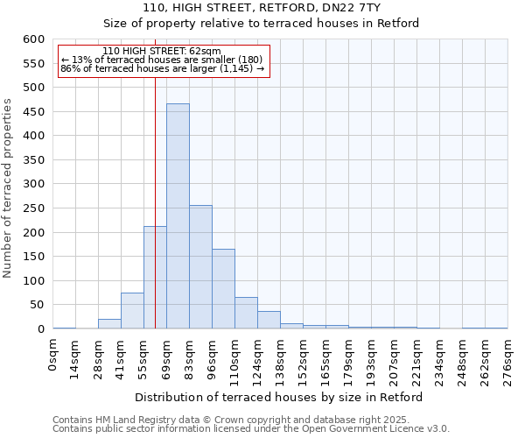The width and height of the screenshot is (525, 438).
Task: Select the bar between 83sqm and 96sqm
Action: point(200,267)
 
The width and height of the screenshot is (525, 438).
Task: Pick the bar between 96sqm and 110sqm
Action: point(223,289)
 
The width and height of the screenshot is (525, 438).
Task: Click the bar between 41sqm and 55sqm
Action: point(132,311)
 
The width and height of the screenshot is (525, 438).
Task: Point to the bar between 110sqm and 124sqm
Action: point(246,313)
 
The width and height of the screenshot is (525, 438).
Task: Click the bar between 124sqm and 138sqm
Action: point(269,320)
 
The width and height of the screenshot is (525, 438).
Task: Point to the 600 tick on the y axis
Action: point(32,39)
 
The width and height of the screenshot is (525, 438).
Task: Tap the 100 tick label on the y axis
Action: point(32,281)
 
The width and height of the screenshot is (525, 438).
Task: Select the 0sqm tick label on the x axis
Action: point(53,356)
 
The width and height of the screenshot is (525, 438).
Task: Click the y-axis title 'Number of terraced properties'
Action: point(8,187)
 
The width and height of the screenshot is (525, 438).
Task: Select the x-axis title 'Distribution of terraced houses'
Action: point(280,397)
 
